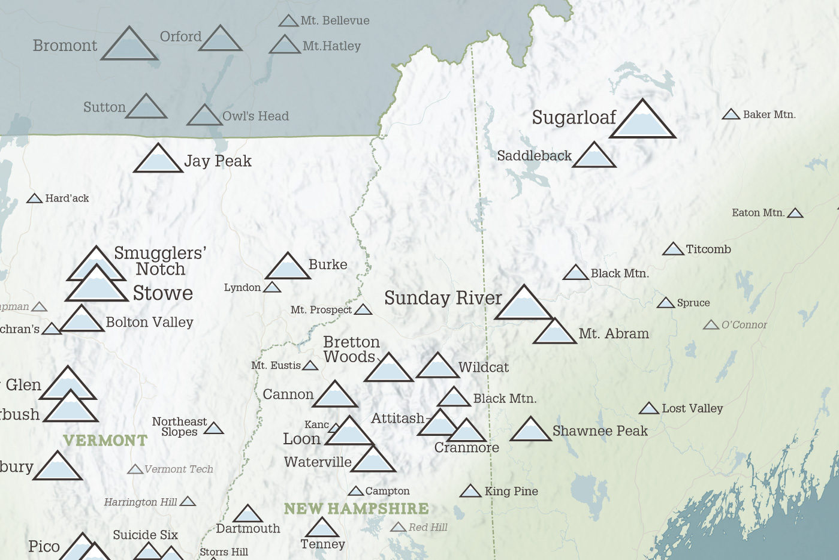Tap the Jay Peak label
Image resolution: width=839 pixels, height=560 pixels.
(218, 161)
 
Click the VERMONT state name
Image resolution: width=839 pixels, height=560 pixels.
(105, 441)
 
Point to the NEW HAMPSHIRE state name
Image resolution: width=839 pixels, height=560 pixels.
(356, 508)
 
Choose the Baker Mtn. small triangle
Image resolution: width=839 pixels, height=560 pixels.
(731, 115)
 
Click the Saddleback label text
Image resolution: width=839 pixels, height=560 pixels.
(534, 156)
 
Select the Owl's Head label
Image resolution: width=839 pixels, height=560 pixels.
(255, 116)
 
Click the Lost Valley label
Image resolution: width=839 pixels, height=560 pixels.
(692, 409)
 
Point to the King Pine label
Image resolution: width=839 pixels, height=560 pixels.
(511, 492)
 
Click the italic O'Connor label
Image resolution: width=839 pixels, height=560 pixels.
(744, 325)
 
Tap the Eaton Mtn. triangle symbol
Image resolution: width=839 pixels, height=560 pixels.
(795, 213)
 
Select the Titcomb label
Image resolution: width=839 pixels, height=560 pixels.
(708, 249)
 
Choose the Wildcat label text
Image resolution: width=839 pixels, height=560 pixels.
(483, 368)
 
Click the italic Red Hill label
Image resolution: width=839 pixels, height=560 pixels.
(428, 528)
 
